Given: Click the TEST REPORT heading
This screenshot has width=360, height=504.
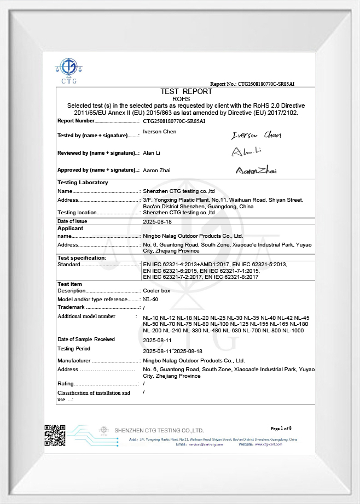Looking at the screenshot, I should tap(185, 91).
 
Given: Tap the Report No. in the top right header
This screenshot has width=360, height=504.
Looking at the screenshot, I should tap(253, 84).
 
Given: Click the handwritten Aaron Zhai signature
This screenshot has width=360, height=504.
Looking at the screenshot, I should tap(256, 171).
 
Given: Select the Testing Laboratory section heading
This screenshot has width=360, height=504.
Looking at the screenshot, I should tap(83, 183).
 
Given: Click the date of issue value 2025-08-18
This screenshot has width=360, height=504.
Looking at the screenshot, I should tap(157, 221).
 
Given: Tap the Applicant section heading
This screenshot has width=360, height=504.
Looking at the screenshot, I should tap(70, 228).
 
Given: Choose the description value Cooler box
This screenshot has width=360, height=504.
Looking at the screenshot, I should tap(156, 291).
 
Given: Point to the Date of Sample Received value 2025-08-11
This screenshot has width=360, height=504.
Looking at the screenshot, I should tap(157, 340).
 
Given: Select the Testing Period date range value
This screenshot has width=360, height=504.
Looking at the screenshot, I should tap(172, 351).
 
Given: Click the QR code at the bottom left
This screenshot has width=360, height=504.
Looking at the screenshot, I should tap(55, 436).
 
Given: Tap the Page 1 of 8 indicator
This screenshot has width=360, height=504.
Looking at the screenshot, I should tap(281, 428).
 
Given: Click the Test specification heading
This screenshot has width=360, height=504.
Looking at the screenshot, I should tap(82, 257).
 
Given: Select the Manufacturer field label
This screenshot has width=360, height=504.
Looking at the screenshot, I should tap(74, 361).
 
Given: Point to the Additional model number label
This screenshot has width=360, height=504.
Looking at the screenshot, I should tap(86, 317).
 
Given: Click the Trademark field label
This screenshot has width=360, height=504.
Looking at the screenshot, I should tap(71, 307).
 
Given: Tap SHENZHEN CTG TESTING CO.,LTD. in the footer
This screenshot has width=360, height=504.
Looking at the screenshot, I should tap(159, 431).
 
